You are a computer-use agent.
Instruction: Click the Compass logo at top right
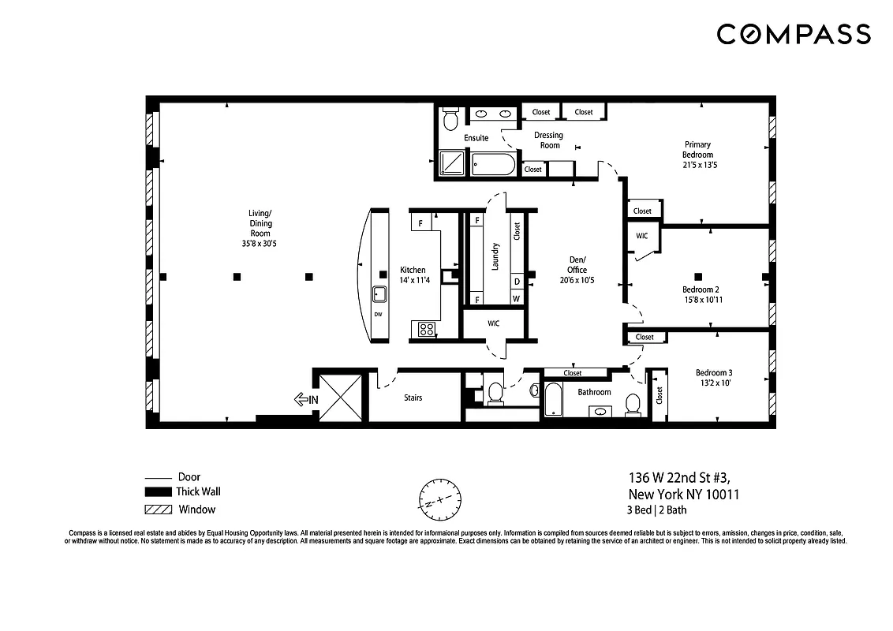pyautogui.click(x=794, y=34)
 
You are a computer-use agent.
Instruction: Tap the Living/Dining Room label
pyautogui.click(x=260, y=228)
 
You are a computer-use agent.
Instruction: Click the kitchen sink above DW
pyautogui.click(x=379, y=294)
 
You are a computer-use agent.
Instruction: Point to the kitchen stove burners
pyautogui.click(x=426, y=329)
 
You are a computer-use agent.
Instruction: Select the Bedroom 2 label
pyautogui.click(x=701, y=294)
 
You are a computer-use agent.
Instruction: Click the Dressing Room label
pyautogui.click(x=549, y=140)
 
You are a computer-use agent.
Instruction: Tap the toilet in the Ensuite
pyautogui.click(x=450, y=121)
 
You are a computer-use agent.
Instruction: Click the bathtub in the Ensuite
pyautogui.click(x=493, y=165)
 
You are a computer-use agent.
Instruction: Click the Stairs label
pyautogui.click(x=413, y=398)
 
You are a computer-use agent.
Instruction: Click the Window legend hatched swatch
pyautogui.click(x=158, y=510)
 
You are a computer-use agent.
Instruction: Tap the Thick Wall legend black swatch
pyautogui.click(x=158, y=492)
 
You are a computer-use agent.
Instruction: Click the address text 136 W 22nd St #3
pyautogui.click(x=683, y=477)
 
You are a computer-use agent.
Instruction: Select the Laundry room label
pyautogui.click(x=495, y=257)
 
